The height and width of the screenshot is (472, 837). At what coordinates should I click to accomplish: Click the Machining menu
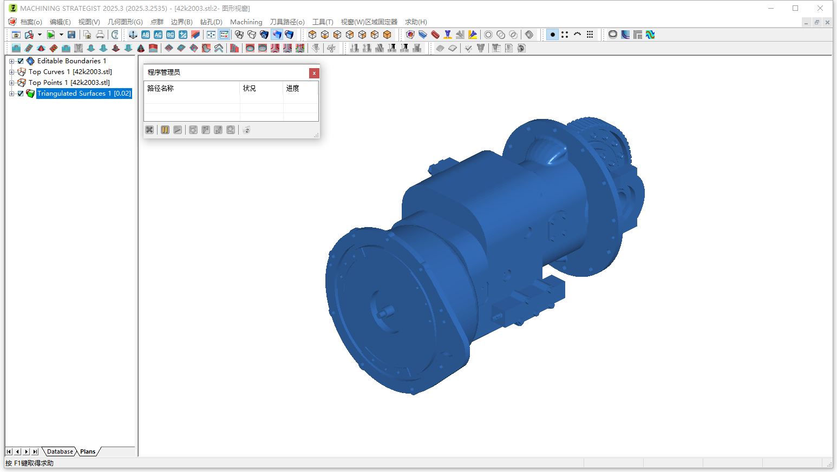(246, 22)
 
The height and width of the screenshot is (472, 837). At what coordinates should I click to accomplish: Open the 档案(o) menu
(30, 22)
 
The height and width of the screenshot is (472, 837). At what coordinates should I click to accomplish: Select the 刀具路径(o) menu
(287, 22)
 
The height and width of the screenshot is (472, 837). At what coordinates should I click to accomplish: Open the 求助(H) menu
(416, 22)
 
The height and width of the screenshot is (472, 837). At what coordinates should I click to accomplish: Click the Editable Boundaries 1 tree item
(71, 61)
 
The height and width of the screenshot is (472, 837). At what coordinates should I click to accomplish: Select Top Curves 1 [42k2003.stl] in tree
(70, 72)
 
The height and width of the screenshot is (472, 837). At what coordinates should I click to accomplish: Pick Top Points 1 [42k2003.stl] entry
(69, 83)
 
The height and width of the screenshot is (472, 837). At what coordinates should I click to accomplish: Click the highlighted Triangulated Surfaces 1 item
(84, 94)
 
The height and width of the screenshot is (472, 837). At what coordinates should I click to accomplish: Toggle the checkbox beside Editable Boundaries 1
(21, 61)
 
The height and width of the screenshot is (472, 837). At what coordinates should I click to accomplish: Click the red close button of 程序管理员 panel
(314, 73)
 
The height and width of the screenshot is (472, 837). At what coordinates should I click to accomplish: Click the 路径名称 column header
(161, 88)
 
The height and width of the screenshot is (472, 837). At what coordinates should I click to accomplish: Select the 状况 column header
(249, 88)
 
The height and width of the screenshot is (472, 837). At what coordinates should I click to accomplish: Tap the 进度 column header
(293, 88)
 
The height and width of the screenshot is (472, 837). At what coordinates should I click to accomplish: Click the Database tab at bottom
(60, 451)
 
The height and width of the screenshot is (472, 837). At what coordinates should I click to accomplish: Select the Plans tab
(88, 451)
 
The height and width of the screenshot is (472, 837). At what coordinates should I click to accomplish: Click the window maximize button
(795, 8)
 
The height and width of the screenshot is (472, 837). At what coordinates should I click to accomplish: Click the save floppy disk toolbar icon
(71, 35)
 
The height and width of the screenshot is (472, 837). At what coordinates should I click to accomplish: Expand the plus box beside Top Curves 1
(11, 72)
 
